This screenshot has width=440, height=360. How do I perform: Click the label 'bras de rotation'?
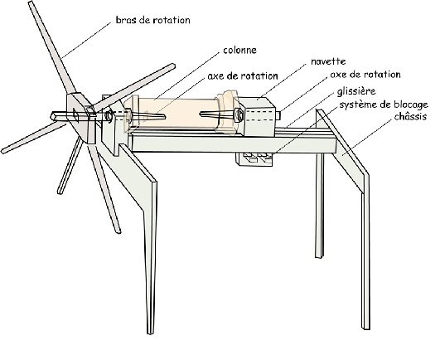pyautogui.click(x=153, y=20)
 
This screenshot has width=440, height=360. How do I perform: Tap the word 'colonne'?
pyautogui.click(x=240, y=50)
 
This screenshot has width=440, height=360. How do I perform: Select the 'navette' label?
pyautogui.click(x=328, y=61)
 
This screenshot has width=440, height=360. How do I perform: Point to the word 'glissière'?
pyautogui.click(x=356, y=91)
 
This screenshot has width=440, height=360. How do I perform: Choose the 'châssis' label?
pyautogui.click(x=410, y=116)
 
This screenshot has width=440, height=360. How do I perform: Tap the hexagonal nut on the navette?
pyautogui.click(x=239, y=114)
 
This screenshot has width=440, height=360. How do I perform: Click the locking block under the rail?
pyautogui.click(x=254, y=159)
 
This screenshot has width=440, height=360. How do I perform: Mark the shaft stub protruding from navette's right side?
pyautogui.click(x=278, y=115)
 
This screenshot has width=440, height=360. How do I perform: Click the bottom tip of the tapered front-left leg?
pyautogui.click(x=151, y=333)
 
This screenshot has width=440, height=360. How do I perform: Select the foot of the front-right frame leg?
pyautogui.click(x=365, y=328)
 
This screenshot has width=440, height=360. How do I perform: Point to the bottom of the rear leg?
pyautogui.click(x=318, y=256)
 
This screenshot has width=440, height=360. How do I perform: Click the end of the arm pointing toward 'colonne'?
pyautogui.click(x=172, y=66)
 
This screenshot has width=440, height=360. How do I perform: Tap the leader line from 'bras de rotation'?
pyautogui.click(x=86, y=40)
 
